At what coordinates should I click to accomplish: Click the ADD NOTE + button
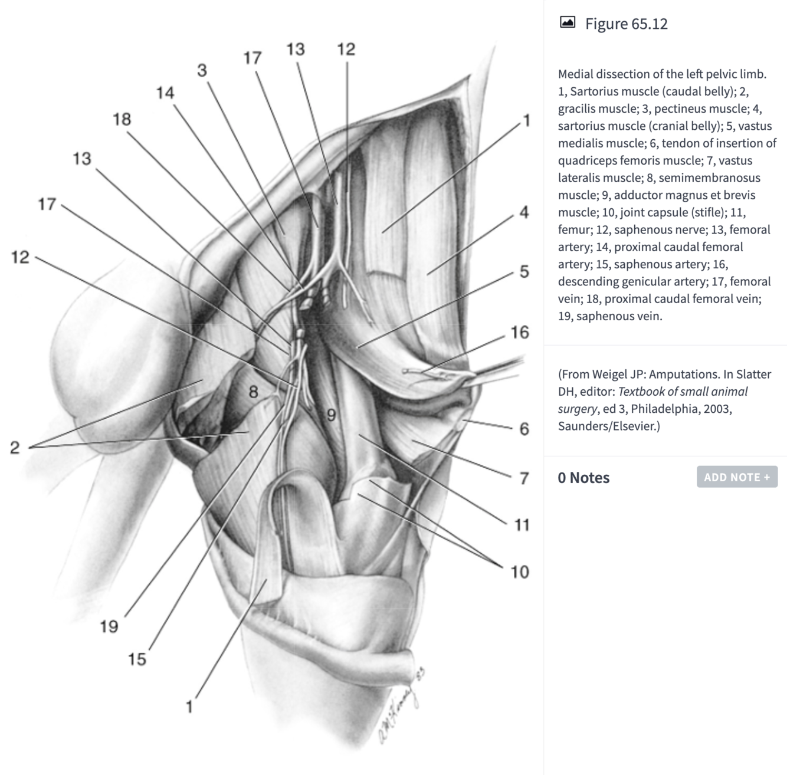click(737, 477)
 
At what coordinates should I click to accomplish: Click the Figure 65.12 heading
click(626, 24)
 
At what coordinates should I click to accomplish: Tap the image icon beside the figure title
click(567, 22)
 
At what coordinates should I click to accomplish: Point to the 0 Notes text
click(583, 478)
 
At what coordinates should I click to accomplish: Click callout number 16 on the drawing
click(520, 333)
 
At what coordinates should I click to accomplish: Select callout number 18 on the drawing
click(122, 119)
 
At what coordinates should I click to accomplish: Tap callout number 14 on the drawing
click(165, 93)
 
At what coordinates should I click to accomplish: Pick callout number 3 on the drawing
click(202, 71)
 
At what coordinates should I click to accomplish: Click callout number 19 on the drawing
click(109, 626)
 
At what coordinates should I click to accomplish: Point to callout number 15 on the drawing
click(137, 659)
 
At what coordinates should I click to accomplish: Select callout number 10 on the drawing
click(520, 572)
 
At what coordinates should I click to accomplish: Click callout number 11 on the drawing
click(522, 524)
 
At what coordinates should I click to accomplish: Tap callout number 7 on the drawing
click(524, 478)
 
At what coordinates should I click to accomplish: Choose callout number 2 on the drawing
click(15, 448)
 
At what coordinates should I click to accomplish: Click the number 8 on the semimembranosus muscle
click(253, 392)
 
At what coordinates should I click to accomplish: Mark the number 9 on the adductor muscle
click(332, 415)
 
